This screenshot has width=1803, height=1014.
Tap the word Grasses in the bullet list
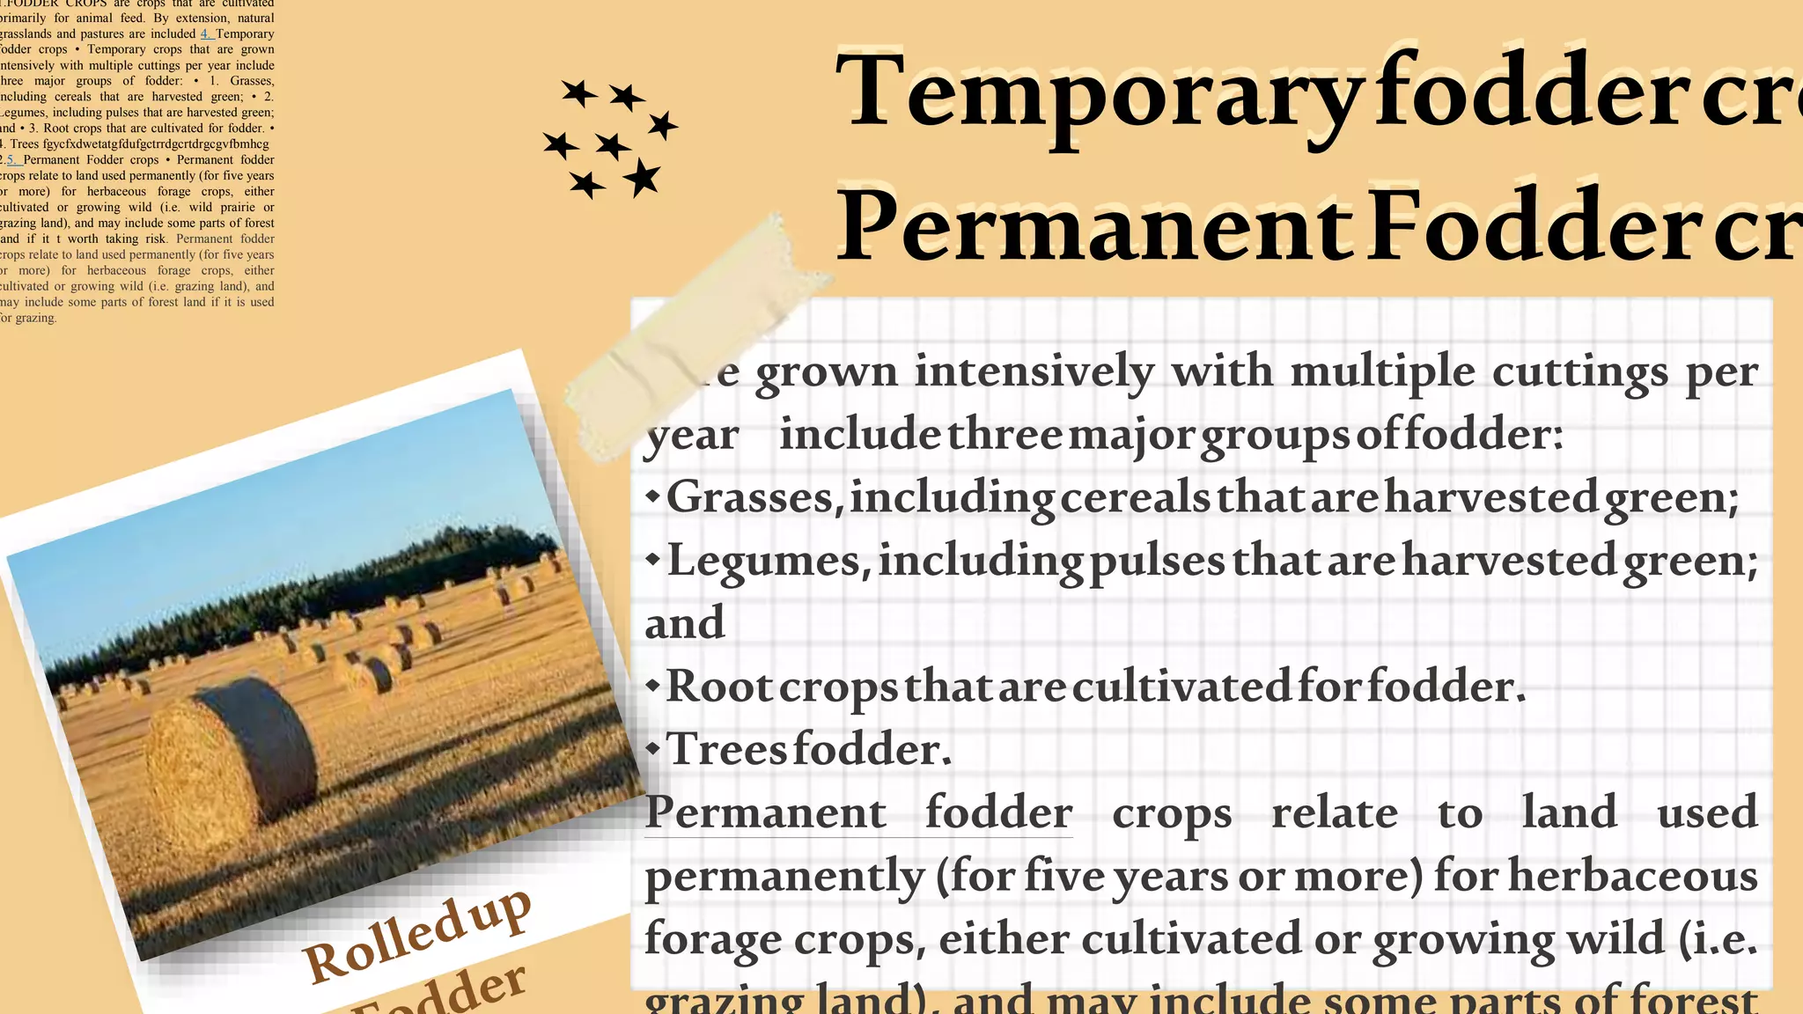[749, 497]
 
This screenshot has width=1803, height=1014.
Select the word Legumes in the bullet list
[763, 561]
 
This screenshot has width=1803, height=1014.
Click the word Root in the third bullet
[719, 687]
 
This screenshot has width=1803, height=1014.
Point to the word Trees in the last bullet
[726, 749]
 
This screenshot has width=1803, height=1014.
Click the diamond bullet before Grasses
[652, 496]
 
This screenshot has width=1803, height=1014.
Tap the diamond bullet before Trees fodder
[652, 749]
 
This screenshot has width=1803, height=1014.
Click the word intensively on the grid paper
[1034, 371]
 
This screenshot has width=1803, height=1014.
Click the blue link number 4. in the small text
[207, 34]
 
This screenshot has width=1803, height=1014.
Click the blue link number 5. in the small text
[12, 160]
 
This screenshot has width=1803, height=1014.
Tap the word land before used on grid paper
[1569, 812]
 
